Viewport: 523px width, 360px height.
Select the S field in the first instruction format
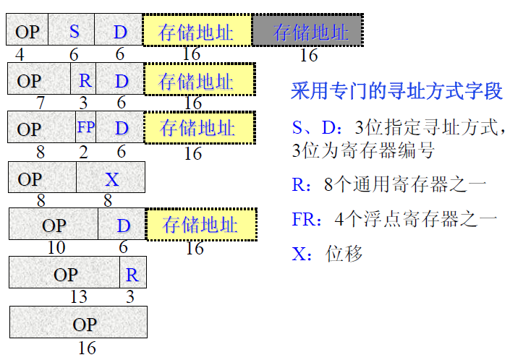point(74,30)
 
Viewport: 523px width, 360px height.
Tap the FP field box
point(85,128)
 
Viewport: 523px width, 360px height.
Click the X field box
point(111,177)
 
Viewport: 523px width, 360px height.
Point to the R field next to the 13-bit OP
point(132,273)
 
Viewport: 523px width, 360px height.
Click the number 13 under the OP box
point(78,296)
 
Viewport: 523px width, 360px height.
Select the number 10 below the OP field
point(56,248)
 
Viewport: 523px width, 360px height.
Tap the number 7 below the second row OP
point(41,103)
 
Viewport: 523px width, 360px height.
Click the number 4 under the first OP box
point(19,54)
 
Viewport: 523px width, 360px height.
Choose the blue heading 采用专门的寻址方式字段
point(396,92)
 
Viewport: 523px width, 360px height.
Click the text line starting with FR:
point(394,218)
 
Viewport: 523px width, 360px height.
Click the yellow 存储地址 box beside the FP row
point(198,128)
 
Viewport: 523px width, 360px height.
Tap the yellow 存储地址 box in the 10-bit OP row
point(201,224)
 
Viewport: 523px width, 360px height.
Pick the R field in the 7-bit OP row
point(85,79)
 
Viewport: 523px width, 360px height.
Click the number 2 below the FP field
point(82,152)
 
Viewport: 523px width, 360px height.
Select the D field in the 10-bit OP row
point(122,225)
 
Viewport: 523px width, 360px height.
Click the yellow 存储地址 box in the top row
point(197,31)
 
